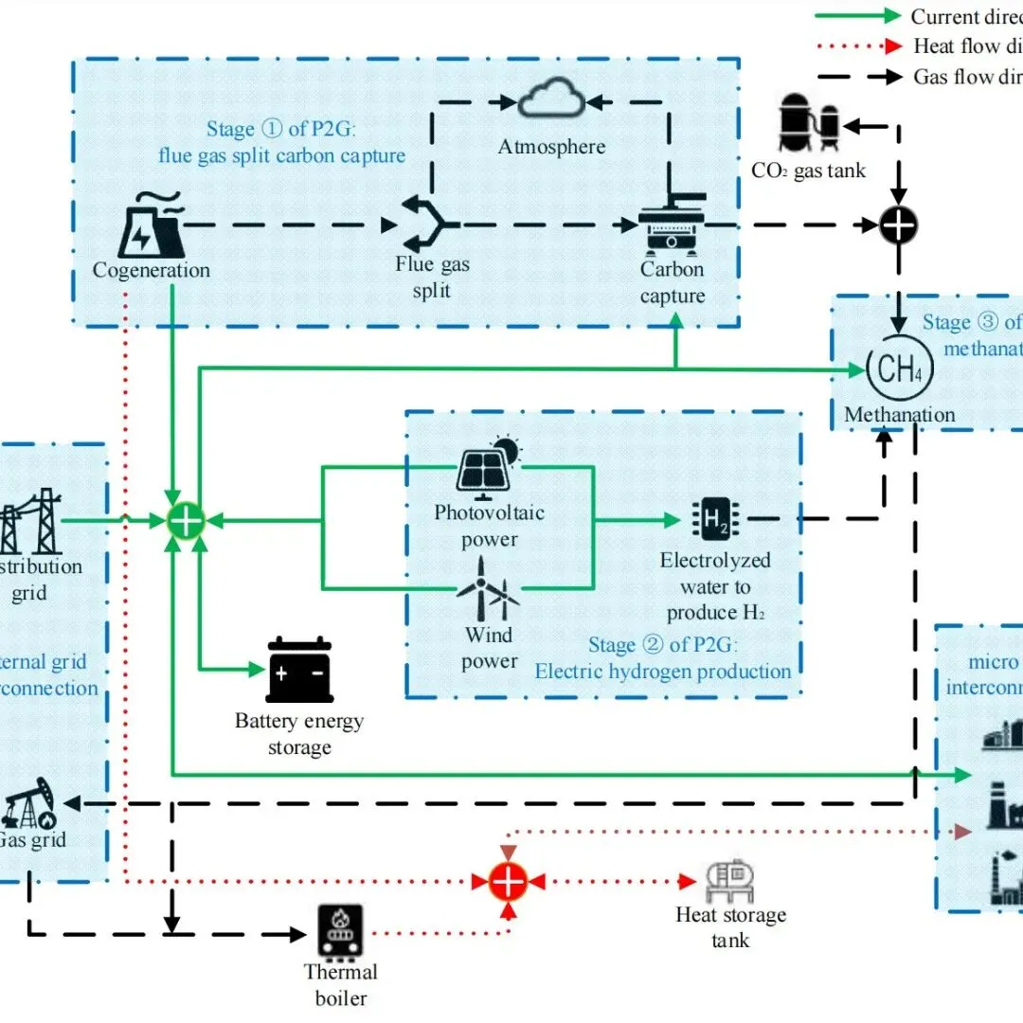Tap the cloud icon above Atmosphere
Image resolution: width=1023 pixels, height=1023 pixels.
pos(552,98)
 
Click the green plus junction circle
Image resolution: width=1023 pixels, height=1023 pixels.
pos(186,520)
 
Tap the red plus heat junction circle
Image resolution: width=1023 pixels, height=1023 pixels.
pos(509,881)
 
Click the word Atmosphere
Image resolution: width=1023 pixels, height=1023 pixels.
pos(552,147)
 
